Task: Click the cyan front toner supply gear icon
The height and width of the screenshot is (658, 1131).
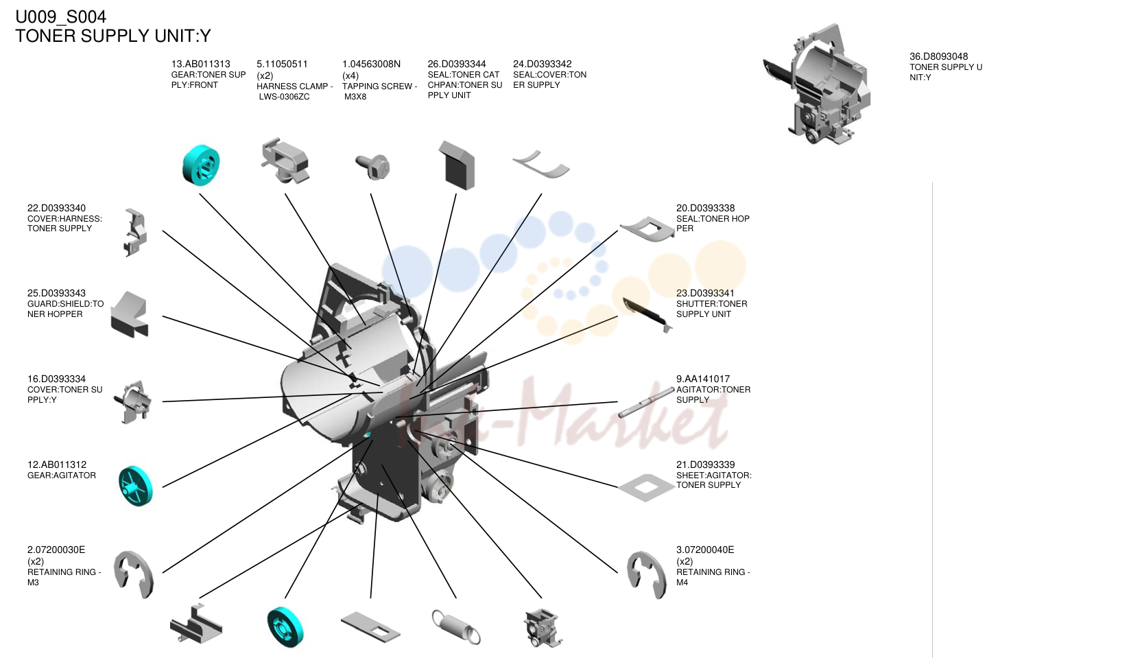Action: point(201,165)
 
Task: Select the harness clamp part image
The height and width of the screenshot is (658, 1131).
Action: point(285,161)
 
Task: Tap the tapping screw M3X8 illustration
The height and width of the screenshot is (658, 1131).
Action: point(372,166)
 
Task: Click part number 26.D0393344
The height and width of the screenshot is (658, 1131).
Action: point(456,64)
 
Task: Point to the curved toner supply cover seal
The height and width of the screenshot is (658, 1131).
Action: point(540,165)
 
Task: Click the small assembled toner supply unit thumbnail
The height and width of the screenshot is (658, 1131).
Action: point(817,84)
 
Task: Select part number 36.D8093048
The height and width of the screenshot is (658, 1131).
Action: point(939,56)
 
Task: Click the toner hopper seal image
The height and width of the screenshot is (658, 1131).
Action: point(647,228)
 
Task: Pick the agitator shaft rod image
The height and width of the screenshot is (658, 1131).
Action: point(646,402)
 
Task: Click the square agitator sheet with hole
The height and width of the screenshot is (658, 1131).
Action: point(646,487)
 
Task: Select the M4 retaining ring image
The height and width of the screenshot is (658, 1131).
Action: point(646,575)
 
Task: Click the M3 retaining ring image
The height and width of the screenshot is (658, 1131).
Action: point(133,575)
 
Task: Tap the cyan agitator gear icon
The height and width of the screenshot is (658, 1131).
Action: point(135,486)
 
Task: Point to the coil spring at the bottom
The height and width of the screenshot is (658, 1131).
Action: point(456,626)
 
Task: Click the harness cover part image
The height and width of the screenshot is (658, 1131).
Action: point(135,233)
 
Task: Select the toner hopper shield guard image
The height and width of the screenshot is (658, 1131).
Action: point(130,314)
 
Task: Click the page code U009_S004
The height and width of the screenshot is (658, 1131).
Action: point(60,16)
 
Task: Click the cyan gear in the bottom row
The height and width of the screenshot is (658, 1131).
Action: point(285,626)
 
